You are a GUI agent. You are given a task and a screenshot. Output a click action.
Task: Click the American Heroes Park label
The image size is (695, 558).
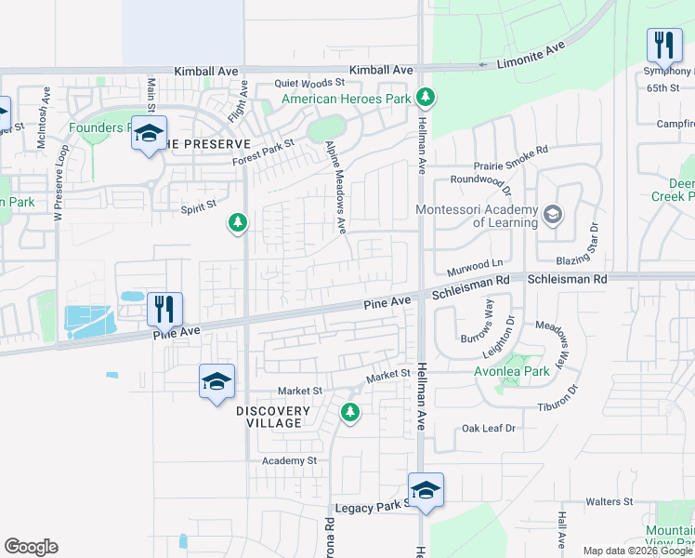[346, 98]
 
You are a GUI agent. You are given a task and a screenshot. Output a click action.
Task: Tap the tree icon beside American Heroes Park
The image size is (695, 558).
[425, 97]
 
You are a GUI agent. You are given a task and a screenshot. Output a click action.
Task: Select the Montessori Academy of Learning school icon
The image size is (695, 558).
[552, 216]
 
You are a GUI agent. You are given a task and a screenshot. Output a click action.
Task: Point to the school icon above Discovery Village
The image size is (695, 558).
[216, 380]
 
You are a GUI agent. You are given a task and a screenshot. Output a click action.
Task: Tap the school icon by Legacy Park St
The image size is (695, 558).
[426, 489]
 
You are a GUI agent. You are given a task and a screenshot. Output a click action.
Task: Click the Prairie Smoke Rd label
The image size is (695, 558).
[511, 149]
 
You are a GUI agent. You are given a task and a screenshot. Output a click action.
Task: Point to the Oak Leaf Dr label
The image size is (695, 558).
[489, 429]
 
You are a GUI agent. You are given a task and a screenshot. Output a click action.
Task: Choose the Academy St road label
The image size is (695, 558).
[289, 460]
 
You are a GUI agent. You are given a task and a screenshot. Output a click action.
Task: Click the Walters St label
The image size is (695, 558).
[610, 501]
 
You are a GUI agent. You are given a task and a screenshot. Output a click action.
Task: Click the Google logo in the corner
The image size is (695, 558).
[31, 547]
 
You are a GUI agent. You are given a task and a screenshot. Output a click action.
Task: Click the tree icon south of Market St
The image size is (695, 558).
[350, 412]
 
